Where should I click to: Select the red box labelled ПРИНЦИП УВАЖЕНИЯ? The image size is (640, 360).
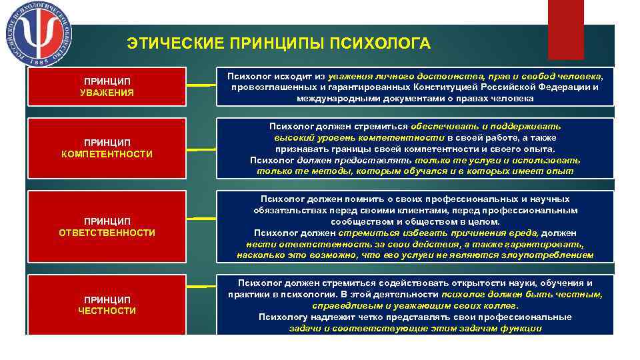coord(107,86)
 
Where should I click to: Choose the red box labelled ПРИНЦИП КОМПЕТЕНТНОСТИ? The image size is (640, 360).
coord(107,148)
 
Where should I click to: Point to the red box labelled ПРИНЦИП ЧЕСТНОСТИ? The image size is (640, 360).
coord(107,305)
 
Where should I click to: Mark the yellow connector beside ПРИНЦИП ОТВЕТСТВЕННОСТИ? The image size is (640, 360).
coord(199,217)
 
